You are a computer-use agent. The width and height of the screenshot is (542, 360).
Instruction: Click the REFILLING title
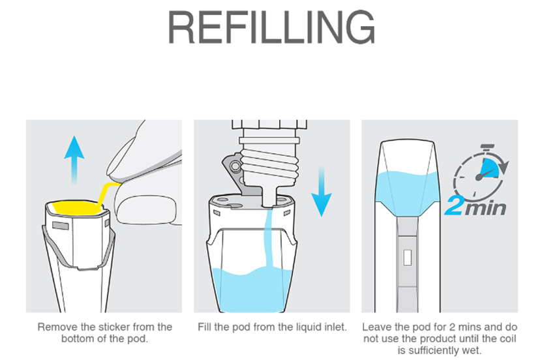pyautogui.click(x=271, y=27)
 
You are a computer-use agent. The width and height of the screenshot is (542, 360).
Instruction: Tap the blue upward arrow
pyautogui.click(x=74, y=160)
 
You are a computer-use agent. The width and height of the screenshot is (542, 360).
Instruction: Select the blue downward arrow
pyautogui.click(x=321, y=192)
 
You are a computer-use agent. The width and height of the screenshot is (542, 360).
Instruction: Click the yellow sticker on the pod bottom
pyautogui.click(x=77, y=207)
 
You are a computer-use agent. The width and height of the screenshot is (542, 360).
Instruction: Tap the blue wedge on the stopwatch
pyautogui.click(x=491, y=168)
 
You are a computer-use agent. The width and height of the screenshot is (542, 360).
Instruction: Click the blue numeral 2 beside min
pyautogui.click(x=454, y=206)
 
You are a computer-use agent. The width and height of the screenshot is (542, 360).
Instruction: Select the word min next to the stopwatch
pyautogui.click(x=486, y=208)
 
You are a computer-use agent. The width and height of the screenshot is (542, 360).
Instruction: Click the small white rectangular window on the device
pyautogui.click(x=408, y=258)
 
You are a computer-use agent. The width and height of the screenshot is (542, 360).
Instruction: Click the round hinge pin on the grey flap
pyautogui.click(x=235, y=166)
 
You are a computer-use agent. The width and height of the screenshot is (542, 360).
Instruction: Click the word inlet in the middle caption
pyautogui.click(x=335, y=327)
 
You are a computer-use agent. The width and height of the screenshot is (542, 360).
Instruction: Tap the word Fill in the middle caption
pyautogui.click(x=204, y=327)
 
